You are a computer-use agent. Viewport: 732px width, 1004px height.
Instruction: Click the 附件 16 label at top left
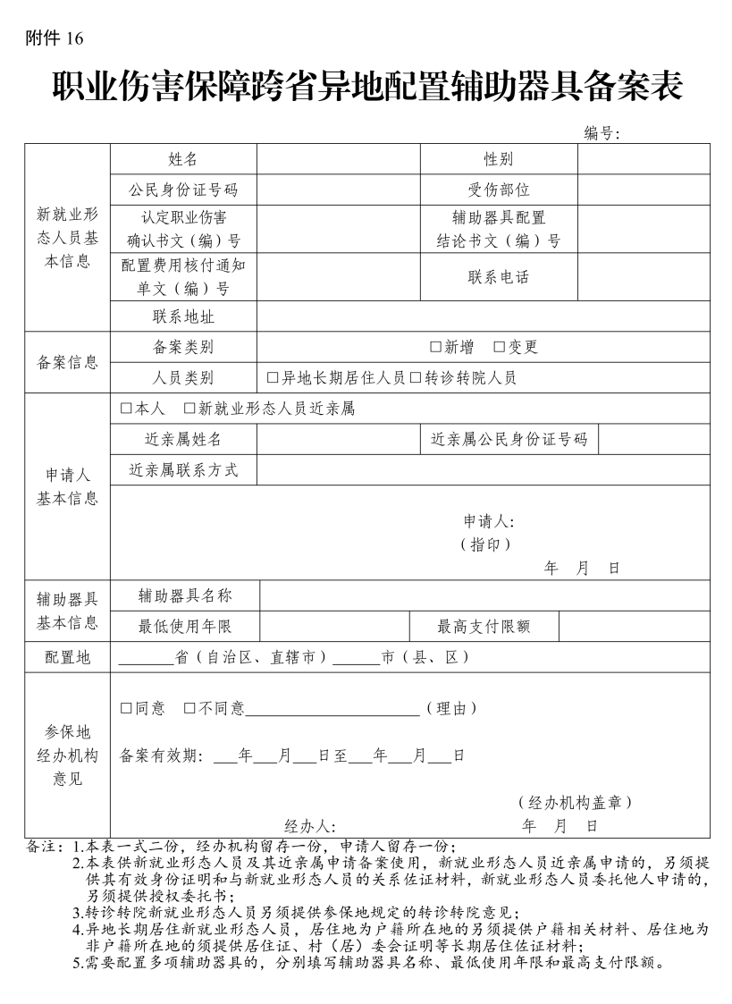point(55,38)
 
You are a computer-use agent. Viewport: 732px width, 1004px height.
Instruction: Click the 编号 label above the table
point(602,133)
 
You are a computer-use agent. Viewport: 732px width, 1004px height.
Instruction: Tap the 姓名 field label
point(182,159)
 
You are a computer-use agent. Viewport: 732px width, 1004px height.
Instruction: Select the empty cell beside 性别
point(643,159)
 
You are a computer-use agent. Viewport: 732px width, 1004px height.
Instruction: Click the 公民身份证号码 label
point(182,190)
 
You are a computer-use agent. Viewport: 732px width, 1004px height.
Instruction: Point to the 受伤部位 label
point(498,190)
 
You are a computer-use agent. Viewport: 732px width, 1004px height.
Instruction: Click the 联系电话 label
point(498,277)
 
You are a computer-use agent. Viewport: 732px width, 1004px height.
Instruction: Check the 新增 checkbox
point(436,347)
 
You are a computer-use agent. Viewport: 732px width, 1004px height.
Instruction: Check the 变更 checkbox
point(500,347)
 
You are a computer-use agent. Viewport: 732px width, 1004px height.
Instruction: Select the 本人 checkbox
point(126,409)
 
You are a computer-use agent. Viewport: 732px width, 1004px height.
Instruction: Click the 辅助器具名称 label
point(185,595)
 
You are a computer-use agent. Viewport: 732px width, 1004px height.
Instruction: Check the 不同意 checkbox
point(189,709)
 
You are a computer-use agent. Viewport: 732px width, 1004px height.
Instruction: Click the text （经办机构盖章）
point(575,803)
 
